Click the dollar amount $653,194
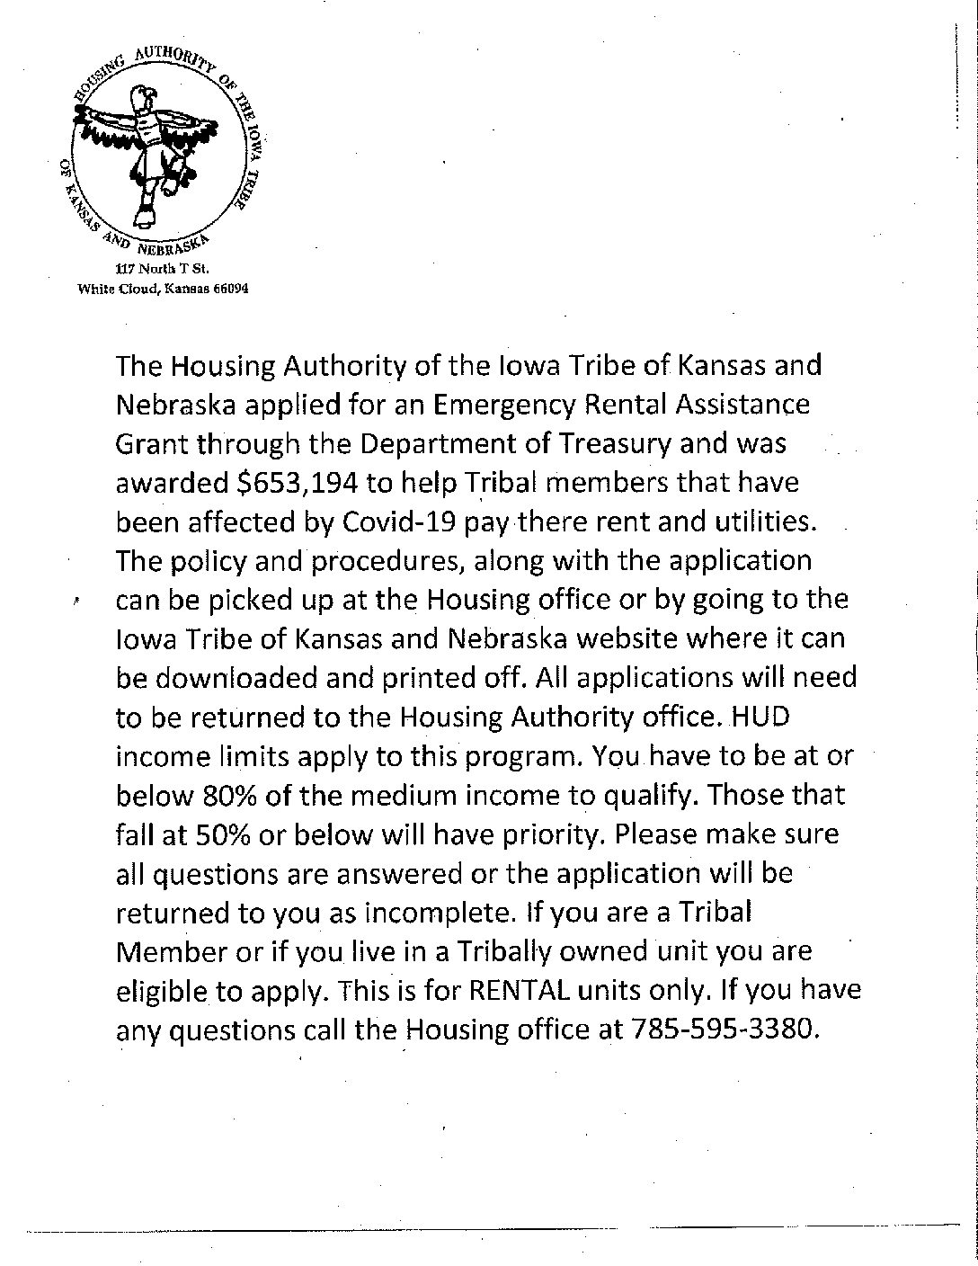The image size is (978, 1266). tap(295, 483)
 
